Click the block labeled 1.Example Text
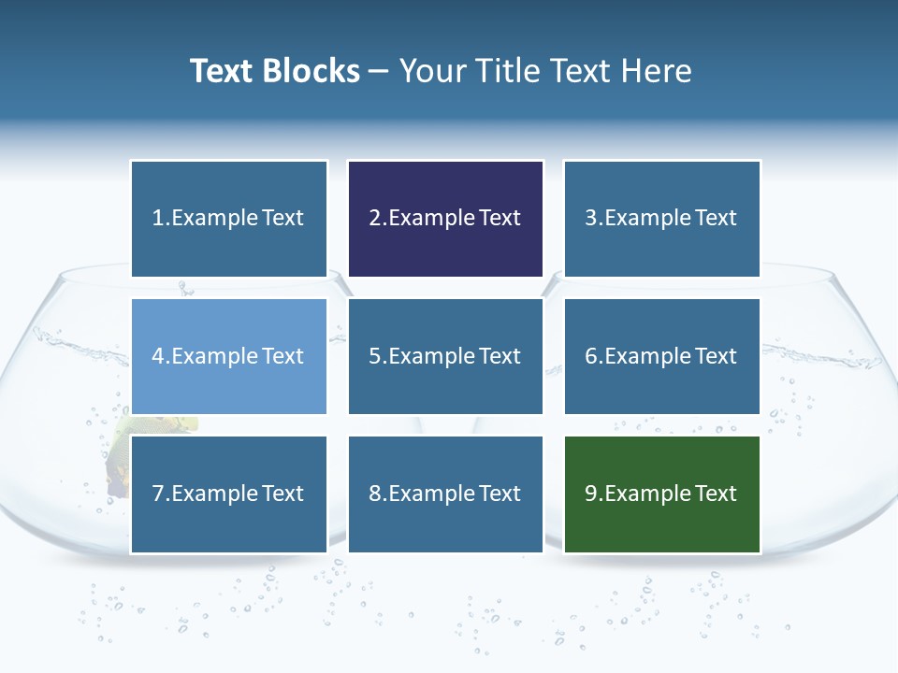tap(228, 219)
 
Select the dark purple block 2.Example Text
tap(445, 219)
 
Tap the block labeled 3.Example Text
tap(661, 219)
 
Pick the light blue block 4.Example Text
tap(228, 356)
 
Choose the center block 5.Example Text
tap(445, 356)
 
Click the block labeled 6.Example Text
tap(661, 356)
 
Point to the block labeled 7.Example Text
tap(228, 494)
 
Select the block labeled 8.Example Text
tap(445, 494)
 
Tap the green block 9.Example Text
tap(661, 494)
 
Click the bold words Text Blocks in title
tap(274, 71)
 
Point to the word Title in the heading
tap(508, 71)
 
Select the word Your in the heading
tap(431, 71)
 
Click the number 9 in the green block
tap(591, 494)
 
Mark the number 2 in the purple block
tap(374, 219)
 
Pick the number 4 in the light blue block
tap(158, 356)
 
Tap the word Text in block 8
tap(500, 494)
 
